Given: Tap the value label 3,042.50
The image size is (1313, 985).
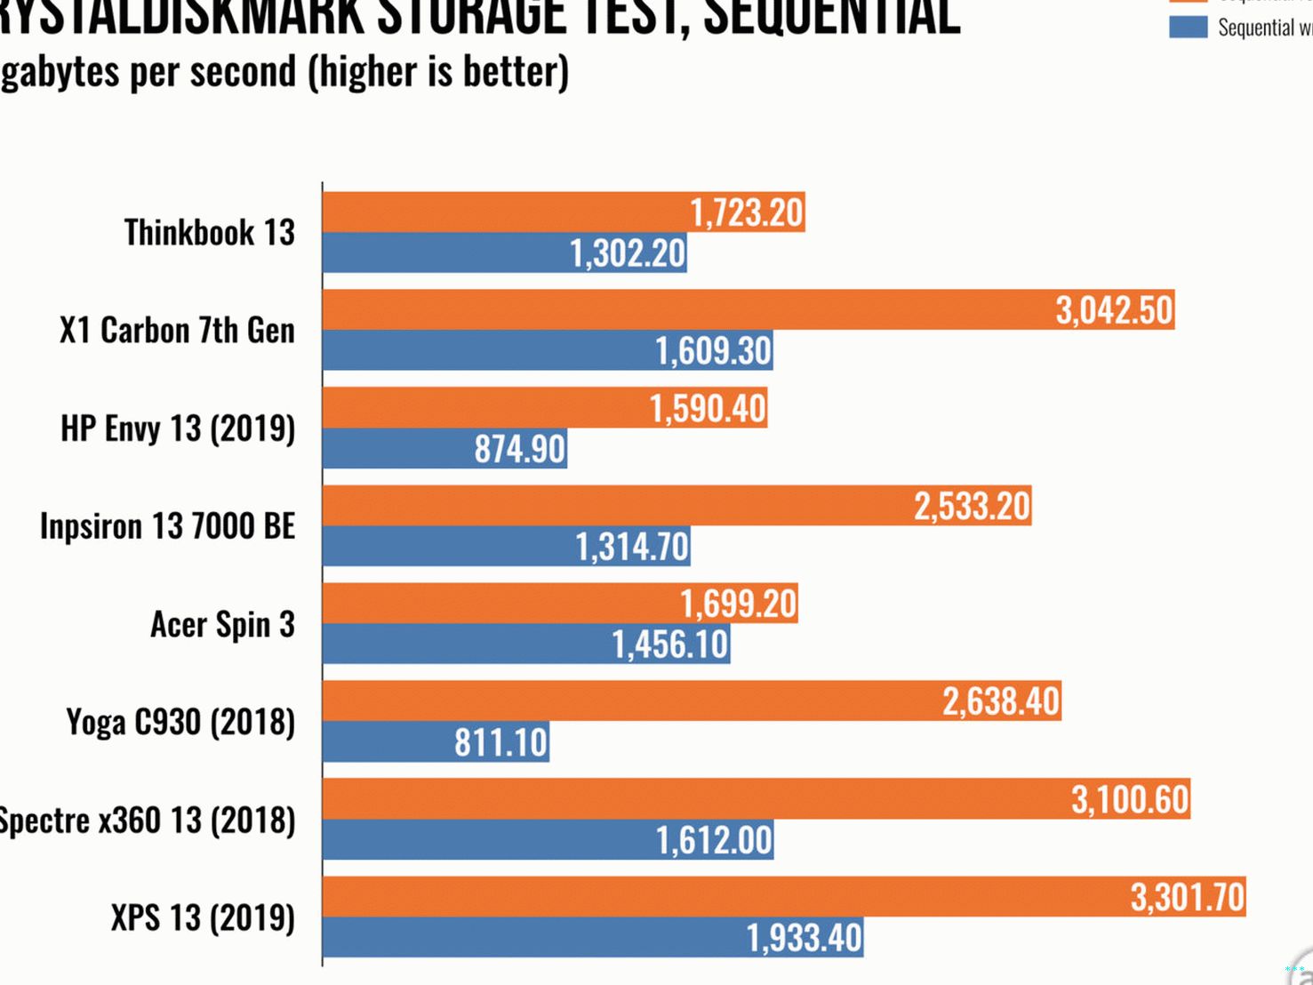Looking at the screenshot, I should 1114,310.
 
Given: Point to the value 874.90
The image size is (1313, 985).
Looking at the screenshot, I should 520,449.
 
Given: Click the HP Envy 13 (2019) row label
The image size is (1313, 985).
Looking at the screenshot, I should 178,428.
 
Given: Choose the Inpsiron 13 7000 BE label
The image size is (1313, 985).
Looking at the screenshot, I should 167,526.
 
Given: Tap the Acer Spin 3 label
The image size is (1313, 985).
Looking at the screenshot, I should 222,624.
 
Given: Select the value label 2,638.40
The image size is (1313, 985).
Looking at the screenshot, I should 1001,701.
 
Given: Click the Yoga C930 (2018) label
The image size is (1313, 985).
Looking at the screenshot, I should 180,722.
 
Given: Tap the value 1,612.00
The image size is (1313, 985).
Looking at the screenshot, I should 714,840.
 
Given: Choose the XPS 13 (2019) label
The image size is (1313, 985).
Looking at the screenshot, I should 203,917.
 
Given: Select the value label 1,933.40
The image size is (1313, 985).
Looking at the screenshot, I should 804,938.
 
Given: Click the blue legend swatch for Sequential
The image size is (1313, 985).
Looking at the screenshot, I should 1188,28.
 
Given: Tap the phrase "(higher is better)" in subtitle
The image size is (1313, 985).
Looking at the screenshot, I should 438,71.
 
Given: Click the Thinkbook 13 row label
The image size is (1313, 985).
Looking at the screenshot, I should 210,233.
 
